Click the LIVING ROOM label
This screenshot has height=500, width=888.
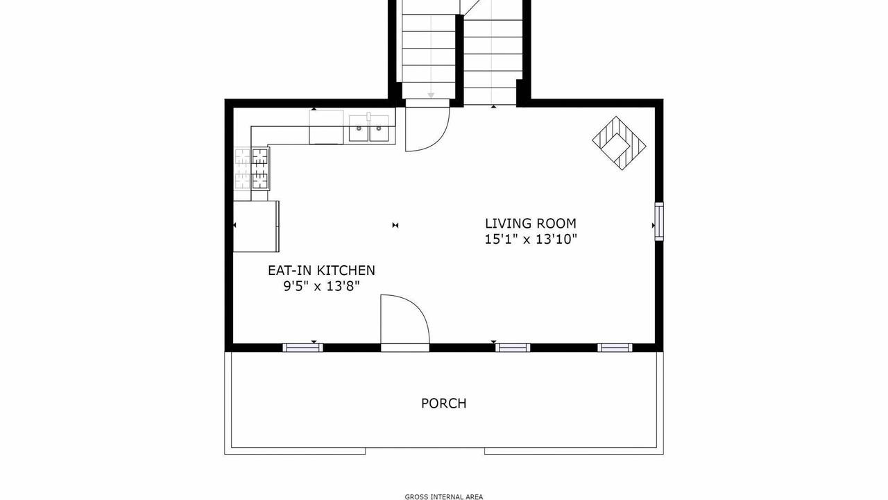531,224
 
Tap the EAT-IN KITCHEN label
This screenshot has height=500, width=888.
321,271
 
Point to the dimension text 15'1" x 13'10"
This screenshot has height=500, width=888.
531,240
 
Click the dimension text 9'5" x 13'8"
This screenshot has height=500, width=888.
321,286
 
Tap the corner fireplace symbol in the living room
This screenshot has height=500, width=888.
619,143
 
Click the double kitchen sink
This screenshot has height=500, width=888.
369,128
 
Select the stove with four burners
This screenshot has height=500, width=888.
260,169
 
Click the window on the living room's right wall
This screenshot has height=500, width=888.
658,222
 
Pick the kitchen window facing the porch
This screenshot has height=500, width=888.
302,348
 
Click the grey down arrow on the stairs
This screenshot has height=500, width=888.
431,95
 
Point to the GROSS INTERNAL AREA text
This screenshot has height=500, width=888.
443,497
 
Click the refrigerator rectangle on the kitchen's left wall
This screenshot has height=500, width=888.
256,226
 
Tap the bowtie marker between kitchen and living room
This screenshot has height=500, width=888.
395,226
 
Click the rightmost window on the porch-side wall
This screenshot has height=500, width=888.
615,348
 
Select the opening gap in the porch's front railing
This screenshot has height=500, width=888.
425,451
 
